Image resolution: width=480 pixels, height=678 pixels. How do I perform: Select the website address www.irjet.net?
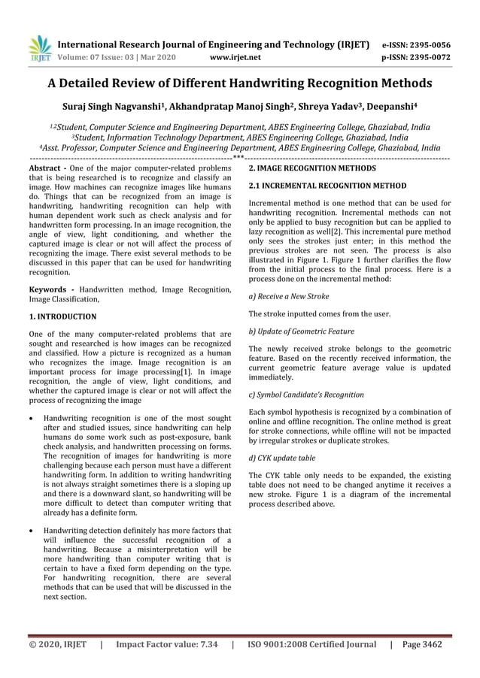click(x=235, y=56)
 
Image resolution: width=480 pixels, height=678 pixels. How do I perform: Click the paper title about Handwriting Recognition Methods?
click(x=240, y=83)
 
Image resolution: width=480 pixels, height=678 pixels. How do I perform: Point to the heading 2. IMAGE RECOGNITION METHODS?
click(x=312, y=169)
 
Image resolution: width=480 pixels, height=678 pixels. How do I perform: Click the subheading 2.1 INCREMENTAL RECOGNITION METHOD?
click(x=327, y=185)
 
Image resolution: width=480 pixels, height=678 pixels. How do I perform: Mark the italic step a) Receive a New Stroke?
click(x=288, y=296)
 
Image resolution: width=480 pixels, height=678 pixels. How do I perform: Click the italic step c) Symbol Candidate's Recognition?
click(x=306, y=394)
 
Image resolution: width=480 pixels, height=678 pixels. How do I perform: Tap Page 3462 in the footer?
click(x=422, y=644)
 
